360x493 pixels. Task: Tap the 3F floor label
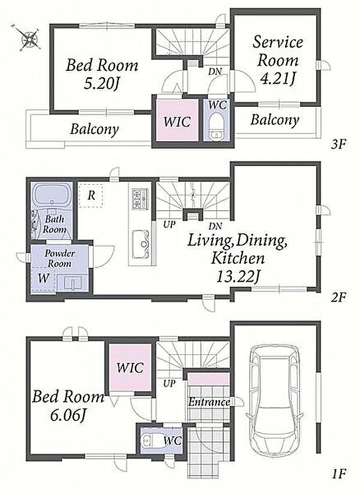tap(339, 145)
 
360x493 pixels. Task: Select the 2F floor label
tap(339, 297)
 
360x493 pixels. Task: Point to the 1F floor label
tap(339, 473)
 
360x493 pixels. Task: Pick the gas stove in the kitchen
tap(140, 199)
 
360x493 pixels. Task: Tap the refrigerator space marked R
tap(91, 196)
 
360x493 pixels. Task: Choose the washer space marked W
tap(43, 278)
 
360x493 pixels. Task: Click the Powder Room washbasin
tap(73, 283)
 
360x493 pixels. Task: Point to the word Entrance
tap(209, 402)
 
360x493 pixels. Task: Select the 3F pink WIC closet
tap(177, 121)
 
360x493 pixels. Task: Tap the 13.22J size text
tap(238, 276)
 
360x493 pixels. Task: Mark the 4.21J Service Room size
tap(278, 78)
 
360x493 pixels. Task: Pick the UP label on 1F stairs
tap(169, 384)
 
